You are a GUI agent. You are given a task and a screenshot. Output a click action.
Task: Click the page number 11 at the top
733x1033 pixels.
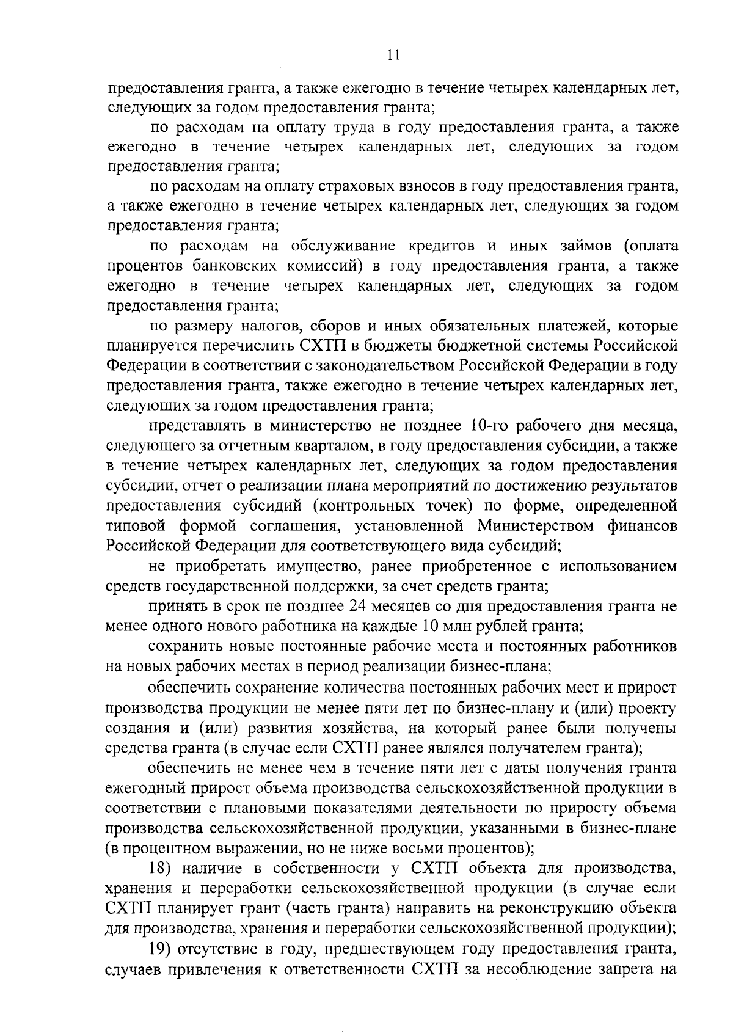click(393, 56)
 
